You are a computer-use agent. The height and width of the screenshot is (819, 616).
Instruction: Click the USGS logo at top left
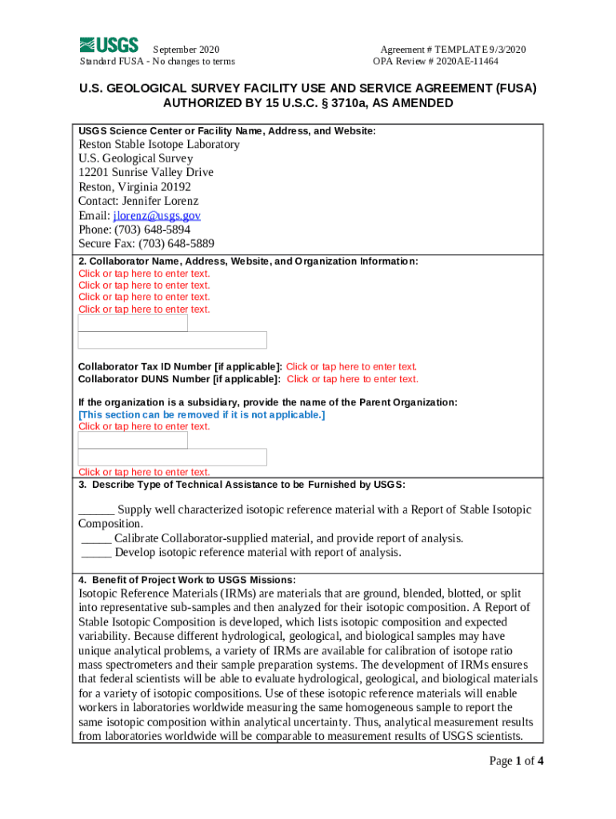109,45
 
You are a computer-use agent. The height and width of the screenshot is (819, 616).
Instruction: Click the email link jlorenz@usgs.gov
157,216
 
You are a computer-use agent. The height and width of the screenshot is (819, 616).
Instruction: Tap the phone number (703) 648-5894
152,230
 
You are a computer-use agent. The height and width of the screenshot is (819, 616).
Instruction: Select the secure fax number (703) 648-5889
176,244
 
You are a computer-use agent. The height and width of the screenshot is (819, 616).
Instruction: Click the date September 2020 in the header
186,50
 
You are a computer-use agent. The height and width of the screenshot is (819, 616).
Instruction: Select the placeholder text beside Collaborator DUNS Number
352,379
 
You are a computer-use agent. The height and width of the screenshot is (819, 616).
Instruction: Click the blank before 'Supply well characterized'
96,510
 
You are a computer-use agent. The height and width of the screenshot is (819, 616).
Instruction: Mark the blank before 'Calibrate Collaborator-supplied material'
96,538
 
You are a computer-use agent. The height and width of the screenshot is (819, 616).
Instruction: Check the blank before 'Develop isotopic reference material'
96,553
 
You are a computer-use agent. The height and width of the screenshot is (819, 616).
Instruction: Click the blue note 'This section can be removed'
202,414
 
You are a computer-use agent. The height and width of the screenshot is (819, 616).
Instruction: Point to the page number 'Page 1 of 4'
517,761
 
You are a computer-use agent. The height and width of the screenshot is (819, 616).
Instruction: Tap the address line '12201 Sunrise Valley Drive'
146,173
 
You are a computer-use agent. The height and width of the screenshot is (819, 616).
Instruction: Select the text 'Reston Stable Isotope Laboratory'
158,145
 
